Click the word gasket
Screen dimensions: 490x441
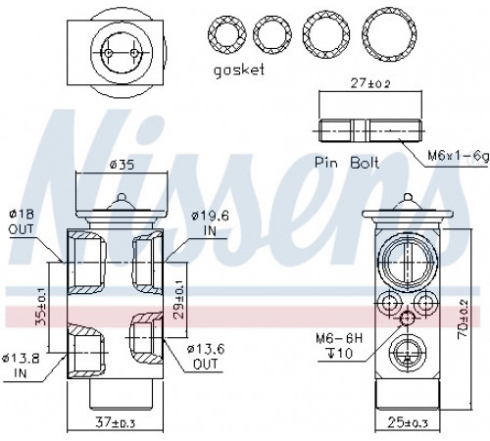pyautogui.click(x=238, y=71)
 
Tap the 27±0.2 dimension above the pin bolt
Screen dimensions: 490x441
pyautogui.click(x=370, y=83)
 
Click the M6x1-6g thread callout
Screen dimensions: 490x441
pyautogui.click(x=458, y=157)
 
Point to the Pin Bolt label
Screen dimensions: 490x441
pyautogui.click(x=347, y=163)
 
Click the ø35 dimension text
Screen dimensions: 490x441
pyautogui.click(x=122, y=165)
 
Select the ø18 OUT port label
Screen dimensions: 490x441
pyautogui.click(x=22, y=221)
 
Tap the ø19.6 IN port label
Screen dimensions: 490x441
pyautogui.click(x=211, y=222)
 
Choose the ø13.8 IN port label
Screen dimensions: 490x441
pyautogui.click(x=21, y=367)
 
